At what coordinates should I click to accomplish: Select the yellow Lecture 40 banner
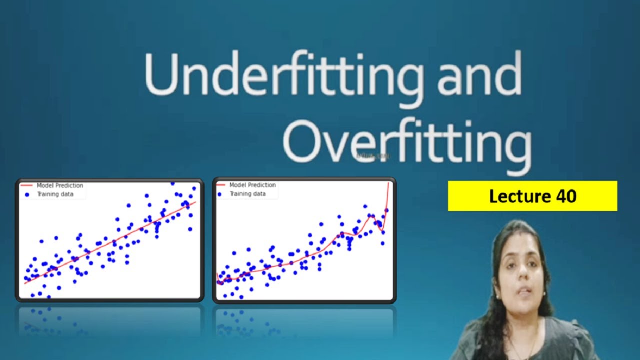[532, 196]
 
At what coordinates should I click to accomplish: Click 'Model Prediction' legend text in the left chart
[60, 186]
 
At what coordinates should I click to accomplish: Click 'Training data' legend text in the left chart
[55, 194]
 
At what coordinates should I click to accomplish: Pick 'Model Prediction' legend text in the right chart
[252, 185]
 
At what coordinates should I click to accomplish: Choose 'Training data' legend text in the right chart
[247, 194]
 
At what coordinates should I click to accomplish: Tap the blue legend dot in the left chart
[27, 194]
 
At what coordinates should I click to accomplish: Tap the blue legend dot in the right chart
[219, 194]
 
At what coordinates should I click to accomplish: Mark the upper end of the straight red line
[195, 202]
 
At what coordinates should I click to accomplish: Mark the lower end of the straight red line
[25, 283]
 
